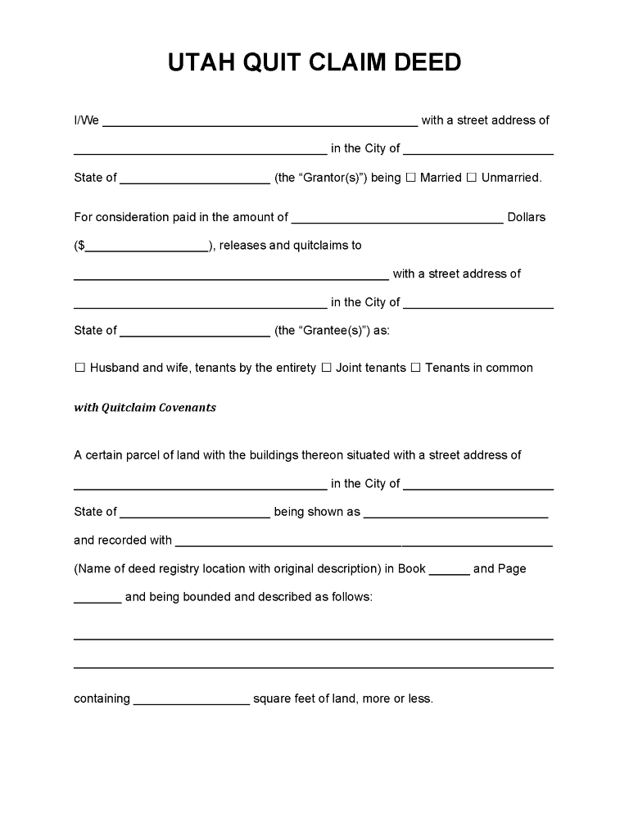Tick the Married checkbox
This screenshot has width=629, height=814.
(411, 178)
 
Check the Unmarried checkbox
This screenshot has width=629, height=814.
(471, 178)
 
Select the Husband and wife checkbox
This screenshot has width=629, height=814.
(79, 369)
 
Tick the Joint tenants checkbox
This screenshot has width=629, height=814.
(326, 369)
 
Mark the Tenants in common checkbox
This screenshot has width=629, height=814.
(415, 369)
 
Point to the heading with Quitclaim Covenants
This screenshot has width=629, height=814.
(145, 407)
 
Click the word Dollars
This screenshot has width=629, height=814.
(527, 218)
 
